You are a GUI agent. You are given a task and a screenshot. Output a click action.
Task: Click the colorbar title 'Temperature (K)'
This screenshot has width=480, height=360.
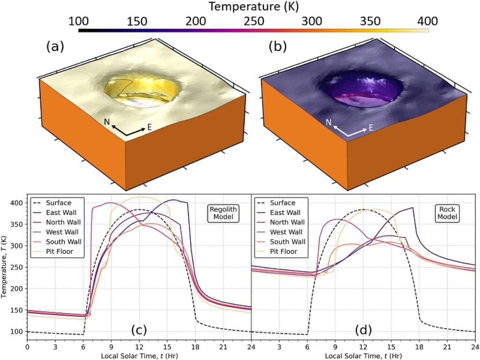(x=254, y=7)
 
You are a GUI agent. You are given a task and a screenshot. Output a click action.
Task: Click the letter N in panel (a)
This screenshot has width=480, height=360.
(x=107, y=122)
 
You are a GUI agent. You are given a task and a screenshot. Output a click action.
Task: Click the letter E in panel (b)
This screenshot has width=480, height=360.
(x=370, y=127)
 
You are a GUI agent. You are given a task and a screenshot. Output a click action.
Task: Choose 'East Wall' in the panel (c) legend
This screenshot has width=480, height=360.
(x=63, y=213)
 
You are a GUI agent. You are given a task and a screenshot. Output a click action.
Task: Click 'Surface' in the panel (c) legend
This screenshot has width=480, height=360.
(x=59, y=203)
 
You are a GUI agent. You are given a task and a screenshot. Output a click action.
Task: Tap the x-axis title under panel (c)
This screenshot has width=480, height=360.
(x=139, y=356)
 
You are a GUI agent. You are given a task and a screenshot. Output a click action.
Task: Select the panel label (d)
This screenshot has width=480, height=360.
(x=363, y=330)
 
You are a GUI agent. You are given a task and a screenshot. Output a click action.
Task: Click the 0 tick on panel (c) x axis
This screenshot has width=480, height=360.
(x=28, y=347)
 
